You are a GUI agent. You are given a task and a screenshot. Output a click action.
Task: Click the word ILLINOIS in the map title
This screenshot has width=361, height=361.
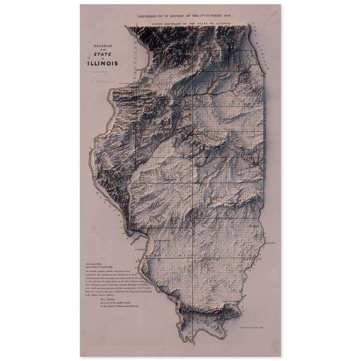102,64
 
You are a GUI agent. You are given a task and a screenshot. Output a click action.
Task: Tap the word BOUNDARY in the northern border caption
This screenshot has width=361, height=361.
178,23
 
